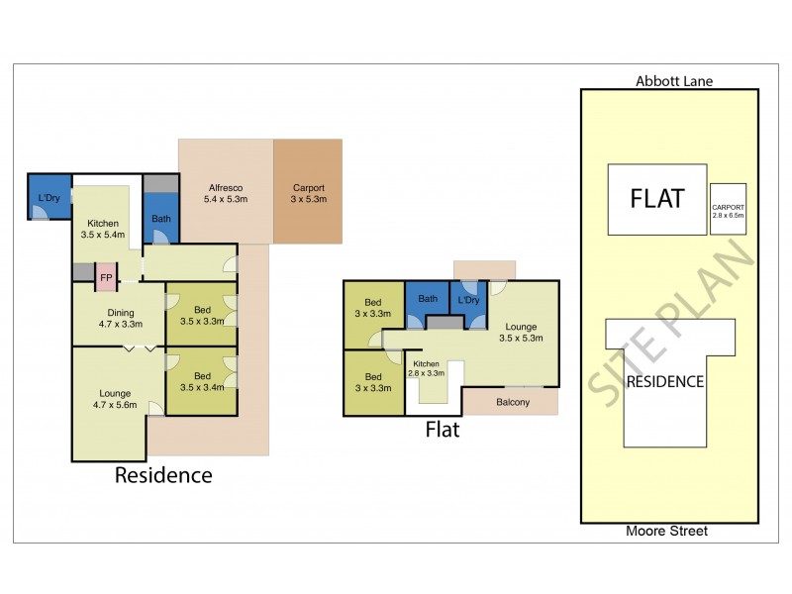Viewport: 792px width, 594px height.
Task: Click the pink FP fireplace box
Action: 106,277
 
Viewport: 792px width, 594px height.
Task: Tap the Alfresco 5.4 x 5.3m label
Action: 226,193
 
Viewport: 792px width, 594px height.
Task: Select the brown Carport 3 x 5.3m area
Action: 308,191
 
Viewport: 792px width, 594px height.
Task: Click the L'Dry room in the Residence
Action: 49,197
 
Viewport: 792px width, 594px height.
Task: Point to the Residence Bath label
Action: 161,219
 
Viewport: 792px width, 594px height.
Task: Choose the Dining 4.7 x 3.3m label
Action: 120,318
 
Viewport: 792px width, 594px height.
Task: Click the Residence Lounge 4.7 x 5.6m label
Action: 115,399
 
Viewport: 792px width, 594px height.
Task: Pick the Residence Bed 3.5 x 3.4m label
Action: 202,381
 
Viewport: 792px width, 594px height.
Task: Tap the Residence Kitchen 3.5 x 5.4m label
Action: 103,229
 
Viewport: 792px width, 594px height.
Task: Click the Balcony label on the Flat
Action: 513,402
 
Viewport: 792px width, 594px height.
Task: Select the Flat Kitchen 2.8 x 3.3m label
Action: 427,368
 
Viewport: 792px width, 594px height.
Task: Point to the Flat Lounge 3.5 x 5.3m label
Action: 521,333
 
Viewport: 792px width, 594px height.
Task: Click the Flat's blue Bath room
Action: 428,305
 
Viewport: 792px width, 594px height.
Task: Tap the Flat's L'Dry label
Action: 468,300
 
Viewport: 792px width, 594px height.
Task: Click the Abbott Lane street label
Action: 674,81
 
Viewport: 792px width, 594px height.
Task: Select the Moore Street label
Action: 666,531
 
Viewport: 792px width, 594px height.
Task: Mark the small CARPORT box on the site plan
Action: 728,209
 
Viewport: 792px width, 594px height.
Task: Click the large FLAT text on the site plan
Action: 657,199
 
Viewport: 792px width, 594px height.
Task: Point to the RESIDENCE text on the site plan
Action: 665,381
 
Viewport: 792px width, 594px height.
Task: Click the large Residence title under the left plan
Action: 163,475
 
